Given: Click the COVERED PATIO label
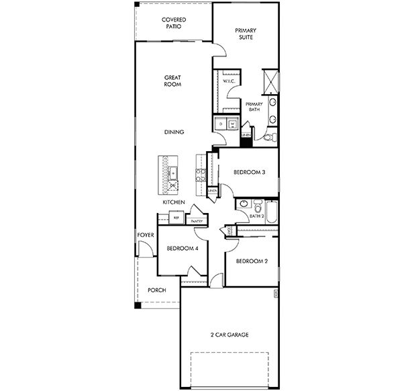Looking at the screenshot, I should pyautogui.click(x=173, y=24).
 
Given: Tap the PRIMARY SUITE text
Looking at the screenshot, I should pyautogui.click(x=246, y=34).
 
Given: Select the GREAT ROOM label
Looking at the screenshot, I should pyautogui.click(x=172, y=81).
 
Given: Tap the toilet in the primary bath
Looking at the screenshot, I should pyautogui.click(x=268, y=137).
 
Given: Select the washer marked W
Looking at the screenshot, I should pyautogui.click(x=232, y=124).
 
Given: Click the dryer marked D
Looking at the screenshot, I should pyautogui.click(x=220, y=124).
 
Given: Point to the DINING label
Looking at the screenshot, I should pyautogui.click(x=174, y=132).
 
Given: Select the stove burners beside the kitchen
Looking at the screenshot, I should pyautogui.click(x=199, y=175).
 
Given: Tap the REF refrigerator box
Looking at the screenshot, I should pyautogui.click(x=176, y=218).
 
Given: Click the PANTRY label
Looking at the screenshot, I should pyautogui.click(x=197, y=221).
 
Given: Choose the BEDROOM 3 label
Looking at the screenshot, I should pyautogui.click(x=249, y=173).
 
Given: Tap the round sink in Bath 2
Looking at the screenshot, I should pyautogui.click(x=243, y=204).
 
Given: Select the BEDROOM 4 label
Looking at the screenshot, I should pyautogui.click(x=182, y=249).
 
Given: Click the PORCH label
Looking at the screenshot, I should pyautogui.click(x=156, y=291).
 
